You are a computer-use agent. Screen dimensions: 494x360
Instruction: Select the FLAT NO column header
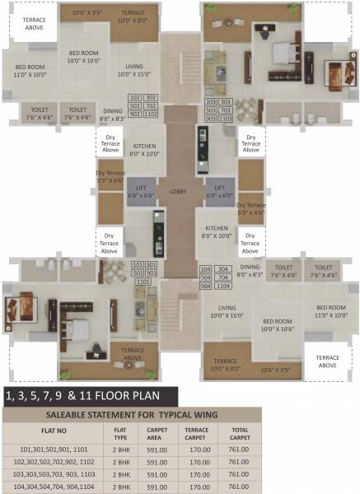(49, 430)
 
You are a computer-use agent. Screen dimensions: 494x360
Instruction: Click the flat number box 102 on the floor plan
(137, 98)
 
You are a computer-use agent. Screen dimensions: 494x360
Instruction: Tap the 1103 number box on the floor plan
(226, 119)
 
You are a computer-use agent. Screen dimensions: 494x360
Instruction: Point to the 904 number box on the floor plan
(206, 287)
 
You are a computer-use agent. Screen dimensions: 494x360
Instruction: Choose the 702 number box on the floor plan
(151, 107)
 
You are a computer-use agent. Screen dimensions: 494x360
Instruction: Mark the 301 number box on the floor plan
(151, 264)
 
